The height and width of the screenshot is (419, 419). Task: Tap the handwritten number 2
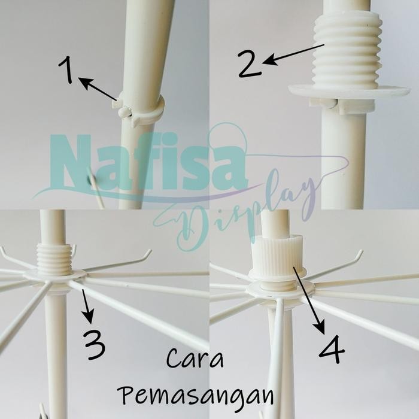point(250,64)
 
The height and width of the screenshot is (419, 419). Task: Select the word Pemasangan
point(196,396)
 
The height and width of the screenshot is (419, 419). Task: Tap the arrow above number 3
point(86,306)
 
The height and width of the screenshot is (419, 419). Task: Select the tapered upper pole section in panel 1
point(147,42)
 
